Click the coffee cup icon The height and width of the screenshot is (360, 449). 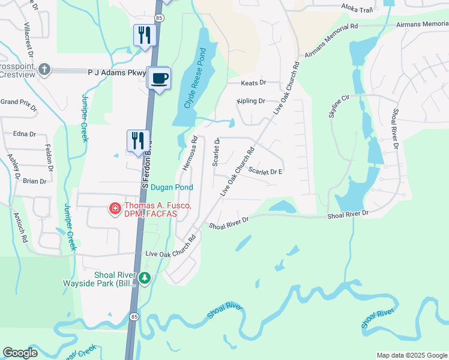pos(159,79)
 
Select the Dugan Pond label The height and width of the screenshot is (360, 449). pos(172,187)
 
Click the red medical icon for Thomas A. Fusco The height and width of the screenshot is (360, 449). pos(113,209)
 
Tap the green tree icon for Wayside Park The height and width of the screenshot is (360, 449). pos(144,278)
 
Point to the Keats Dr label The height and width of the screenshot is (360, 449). pos(253,83)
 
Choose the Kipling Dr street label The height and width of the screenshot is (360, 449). pos(251,101)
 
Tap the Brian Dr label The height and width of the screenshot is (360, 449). pos(34,181)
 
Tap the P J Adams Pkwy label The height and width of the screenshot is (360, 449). pos(117,72)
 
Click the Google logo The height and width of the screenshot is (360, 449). pos(20,353)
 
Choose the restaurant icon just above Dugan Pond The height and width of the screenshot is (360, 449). pos(139,141)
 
